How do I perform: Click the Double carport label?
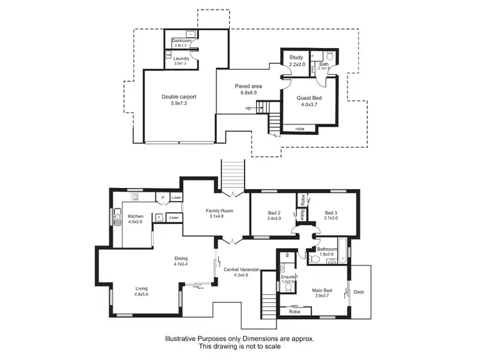click(179, 97)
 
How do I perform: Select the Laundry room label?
click(181, 59)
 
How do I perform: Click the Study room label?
click(296, 58)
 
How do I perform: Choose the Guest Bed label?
click(309, 98)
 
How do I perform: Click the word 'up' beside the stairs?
click(248, 108)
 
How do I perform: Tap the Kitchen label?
click(135, 216)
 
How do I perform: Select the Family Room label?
click(219, 210)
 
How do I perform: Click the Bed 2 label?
click(274, 213)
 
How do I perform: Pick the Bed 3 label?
click(330, 213)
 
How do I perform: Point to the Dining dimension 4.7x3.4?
click(181, 264)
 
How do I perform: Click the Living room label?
click(141, 288)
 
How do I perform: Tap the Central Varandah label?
click(241, 270)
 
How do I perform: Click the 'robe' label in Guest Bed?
click(300, 129)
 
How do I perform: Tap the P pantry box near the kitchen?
click(163, 198)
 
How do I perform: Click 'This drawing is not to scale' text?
click(239, 346)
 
